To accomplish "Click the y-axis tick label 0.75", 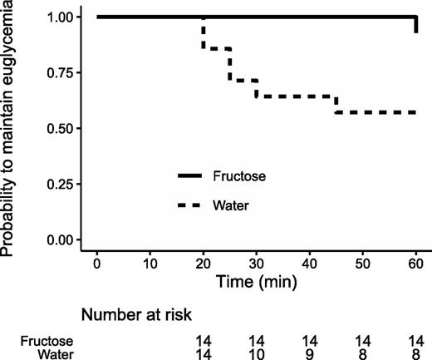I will point(59,72).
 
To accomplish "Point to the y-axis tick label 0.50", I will point(59,128).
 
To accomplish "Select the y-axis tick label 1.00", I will point(59,17).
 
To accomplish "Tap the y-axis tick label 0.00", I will point(59,239).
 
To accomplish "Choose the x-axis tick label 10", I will point(150,264).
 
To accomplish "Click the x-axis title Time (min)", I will point(256,282).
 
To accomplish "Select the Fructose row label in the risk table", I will point(47,340).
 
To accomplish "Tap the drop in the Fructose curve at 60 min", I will point(415,25).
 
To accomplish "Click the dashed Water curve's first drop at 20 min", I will point(203,33).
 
